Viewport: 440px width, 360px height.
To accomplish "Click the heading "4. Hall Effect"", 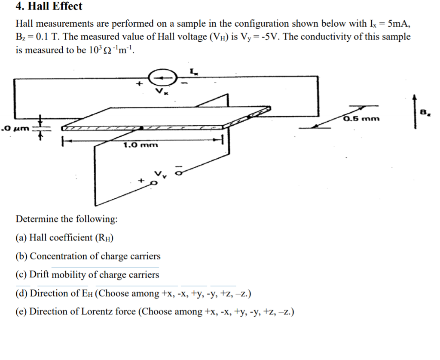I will click(x=49, y=6).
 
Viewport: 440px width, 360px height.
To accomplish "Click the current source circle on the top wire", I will click(x=162, y=78).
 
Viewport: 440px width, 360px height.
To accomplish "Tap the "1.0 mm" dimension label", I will click(x=140, y=145).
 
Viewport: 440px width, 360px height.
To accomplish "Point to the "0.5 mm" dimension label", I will click(x=362, y=118).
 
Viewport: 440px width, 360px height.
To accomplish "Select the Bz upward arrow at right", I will click(x=415, y=111).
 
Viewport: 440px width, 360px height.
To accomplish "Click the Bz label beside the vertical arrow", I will click(x=425, y=113).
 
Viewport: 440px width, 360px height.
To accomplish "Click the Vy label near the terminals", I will click(x=160, y=174).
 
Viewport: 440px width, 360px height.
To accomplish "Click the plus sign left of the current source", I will click(x=138, y=85).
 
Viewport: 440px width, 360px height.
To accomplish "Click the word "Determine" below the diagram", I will click(x=37, y=219).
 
